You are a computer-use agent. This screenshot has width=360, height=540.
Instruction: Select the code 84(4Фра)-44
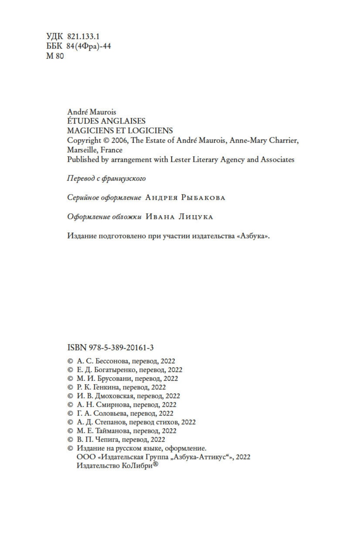point(88,46)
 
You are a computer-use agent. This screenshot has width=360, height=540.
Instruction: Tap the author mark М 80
point(55,56)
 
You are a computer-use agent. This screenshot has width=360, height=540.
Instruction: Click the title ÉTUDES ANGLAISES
point(106,121)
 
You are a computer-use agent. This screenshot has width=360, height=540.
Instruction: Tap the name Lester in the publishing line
point(179,159)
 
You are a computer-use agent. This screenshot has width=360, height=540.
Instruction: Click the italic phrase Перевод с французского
point(106,178)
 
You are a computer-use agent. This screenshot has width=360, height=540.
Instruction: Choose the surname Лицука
point(195,217)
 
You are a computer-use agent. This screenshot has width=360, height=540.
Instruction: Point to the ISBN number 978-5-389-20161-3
point(121,347)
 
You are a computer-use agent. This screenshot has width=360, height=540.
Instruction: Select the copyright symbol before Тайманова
point(70,431)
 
